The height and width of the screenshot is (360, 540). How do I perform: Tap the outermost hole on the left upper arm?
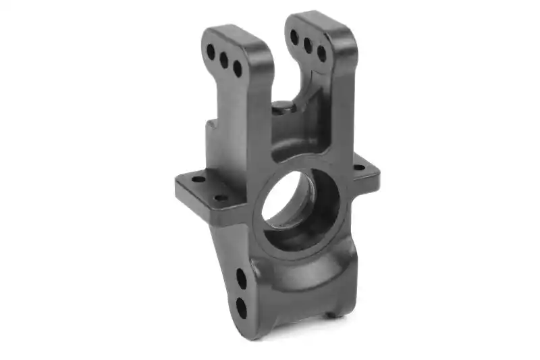(x=211, y=51)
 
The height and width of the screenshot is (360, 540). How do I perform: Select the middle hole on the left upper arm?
(x=224, y=59)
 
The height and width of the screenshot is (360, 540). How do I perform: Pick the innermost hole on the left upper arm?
(x=238, y=68)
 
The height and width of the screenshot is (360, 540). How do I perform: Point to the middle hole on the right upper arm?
(x=308, y=45)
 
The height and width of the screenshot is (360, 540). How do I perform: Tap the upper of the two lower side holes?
(x=241, y=277)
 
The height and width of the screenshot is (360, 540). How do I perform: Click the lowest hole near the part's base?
(x=241, y=307)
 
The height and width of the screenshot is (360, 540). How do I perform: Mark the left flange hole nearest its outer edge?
(x=196, y=180)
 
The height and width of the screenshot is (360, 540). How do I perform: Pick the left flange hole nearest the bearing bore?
(x=220, y=197)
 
